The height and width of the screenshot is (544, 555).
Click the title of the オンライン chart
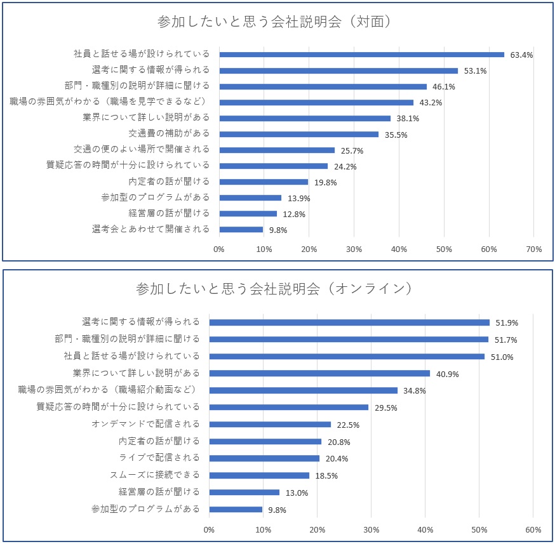274,289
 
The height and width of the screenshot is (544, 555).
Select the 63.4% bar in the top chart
362,55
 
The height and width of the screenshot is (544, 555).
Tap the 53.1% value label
475,71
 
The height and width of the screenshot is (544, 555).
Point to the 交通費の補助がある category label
169,134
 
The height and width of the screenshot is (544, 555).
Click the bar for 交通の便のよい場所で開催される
277,150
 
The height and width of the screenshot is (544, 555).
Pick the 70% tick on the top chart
533,249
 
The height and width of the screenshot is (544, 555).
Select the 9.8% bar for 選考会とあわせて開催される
241,230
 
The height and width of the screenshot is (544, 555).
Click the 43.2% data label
431,103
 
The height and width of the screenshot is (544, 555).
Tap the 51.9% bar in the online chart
349,322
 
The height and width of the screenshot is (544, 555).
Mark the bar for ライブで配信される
264,458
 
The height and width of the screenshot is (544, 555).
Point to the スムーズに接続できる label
154,475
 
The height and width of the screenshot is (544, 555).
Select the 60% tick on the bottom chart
533,529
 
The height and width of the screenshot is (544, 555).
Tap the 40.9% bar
319,373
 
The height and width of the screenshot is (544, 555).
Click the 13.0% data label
297,493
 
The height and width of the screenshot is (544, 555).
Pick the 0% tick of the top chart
219,249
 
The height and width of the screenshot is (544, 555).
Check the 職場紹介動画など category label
109,390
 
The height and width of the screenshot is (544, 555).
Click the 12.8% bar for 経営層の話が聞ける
248,214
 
